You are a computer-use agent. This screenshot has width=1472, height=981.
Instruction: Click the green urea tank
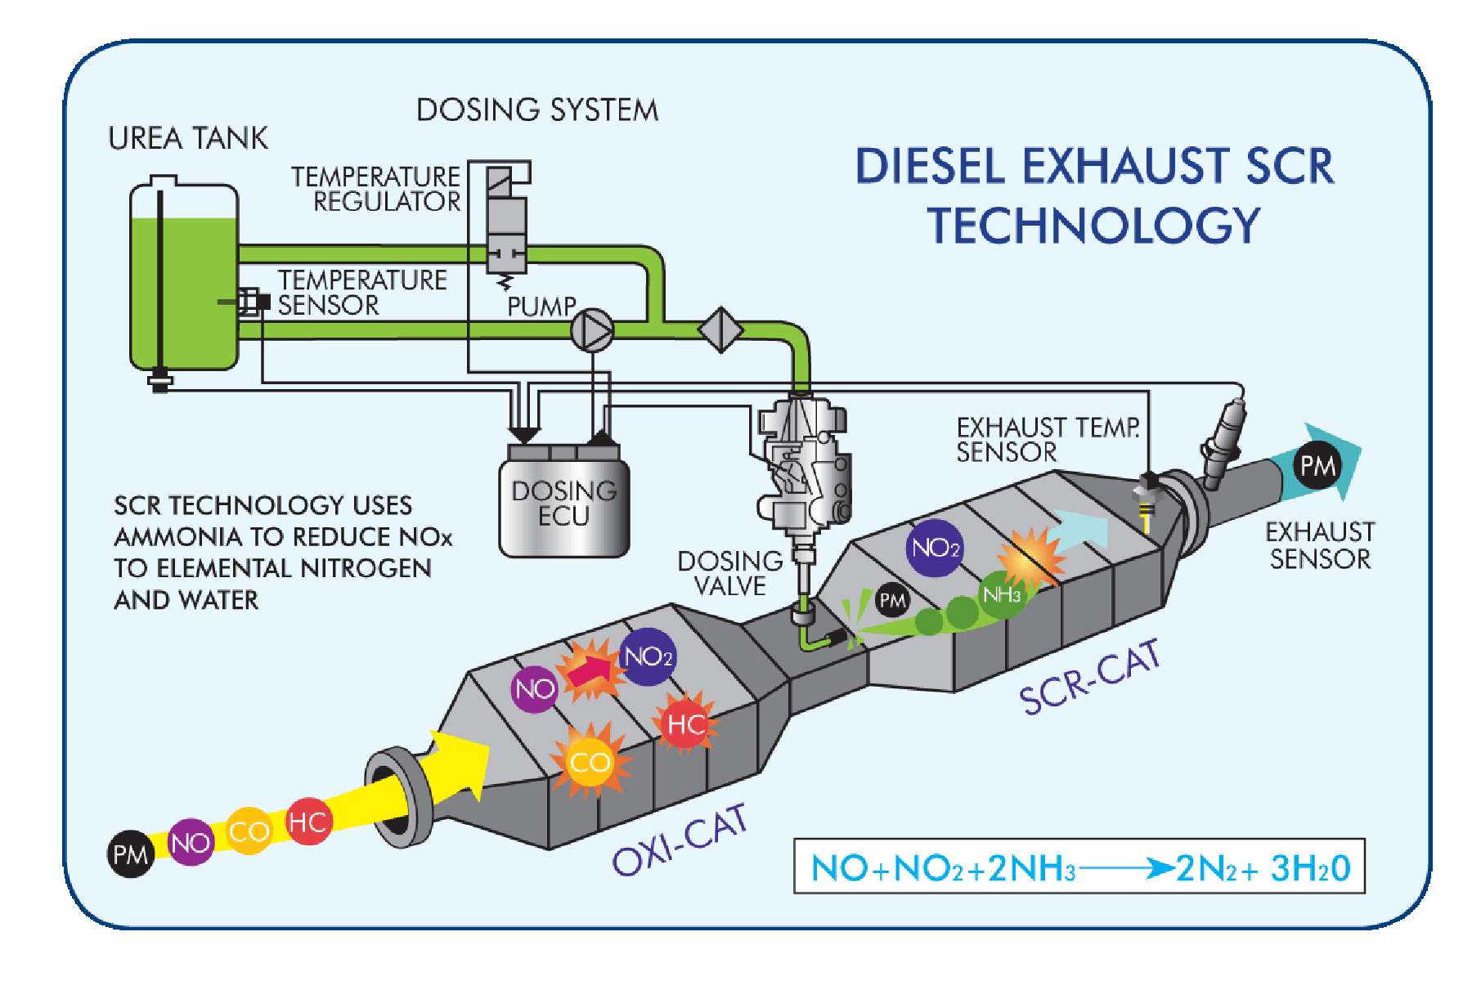[x=184, y=278]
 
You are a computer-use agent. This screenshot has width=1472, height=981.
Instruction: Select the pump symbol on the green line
[x=591, y=330]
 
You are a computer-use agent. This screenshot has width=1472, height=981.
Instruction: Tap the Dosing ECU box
[x=564, y=501]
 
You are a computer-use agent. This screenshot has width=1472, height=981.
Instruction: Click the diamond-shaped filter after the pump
[x=720, y=329]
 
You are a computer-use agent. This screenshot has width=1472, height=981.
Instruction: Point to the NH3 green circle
[x=1001, y=594]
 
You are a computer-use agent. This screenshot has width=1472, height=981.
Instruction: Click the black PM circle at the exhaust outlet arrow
[x=1317, y=465]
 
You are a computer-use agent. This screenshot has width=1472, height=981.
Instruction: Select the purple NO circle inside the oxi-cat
[x=535, y=689]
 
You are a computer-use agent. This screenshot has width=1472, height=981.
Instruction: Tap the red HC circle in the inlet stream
[x=308, y=822]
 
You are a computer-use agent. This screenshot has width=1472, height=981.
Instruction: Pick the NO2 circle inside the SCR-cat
[x=935, y=548]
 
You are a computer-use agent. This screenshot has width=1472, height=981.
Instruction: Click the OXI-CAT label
[x=680, y=840]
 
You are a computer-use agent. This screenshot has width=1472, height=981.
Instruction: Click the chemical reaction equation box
[x=1079, y=867]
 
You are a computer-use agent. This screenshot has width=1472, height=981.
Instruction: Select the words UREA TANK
[x=188, y=138]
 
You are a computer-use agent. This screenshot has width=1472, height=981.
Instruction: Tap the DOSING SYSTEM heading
[x=537, y=110]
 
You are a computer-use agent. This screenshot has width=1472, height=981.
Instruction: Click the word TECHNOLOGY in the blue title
[x=1094, y=226]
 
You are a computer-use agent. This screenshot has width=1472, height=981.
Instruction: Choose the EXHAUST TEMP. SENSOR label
[x=1048, y=439]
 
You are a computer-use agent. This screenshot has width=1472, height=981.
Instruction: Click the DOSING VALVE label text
[x=729, y=573]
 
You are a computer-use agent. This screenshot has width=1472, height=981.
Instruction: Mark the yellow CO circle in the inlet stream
[x=249, y=831]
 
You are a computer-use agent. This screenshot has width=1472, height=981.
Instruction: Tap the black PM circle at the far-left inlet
[x=131, y=854]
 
